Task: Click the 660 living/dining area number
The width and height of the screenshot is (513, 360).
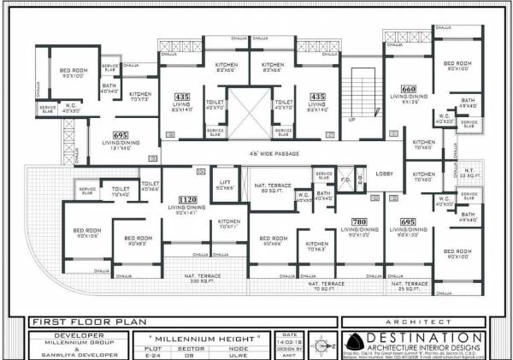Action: pos(409,89)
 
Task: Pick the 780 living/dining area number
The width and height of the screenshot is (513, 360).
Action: pos(358,221)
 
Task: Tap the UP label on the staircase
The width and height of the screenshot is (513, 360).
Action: pos(351,120)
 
